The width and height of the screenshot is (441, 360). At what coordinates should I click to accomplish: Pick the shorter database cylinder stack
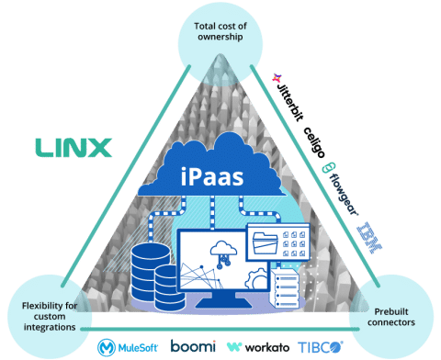(x=169, y=284)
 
